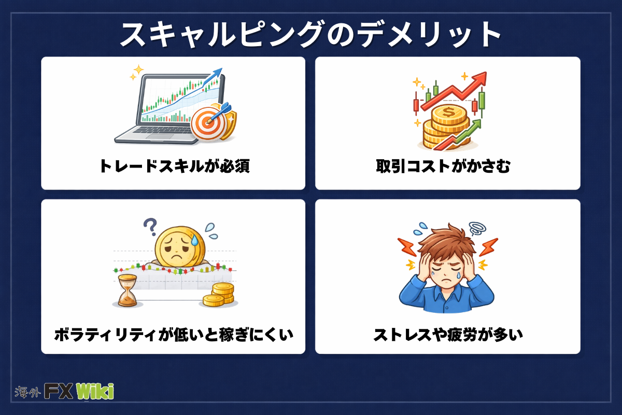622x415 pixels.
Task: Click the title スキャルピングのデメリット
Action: point(310,34)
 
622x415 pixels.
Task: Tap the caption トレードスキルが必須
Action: point(175,166)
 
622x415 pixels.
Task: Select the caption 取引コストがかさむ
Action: point(443,166)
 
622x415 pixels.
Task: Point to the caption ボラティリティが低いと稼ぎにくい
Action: point(174,335)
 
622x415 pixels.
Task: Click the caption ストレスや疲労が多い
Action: point(448,335)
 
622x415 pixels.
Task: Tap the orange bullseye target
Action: point(207,123)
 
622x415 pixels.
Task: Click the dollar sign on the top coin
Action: point(449,112)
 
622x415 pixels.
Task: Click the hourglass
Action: point(128,290)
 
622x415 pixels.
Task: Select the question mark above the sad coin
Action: point(150,227)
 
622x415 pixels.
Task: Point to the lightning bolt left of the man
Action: point(406,247)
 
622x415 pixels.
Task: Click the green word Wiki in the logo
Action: point(95,391)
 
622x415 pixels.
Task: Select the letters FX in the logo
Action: point(59,391)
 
